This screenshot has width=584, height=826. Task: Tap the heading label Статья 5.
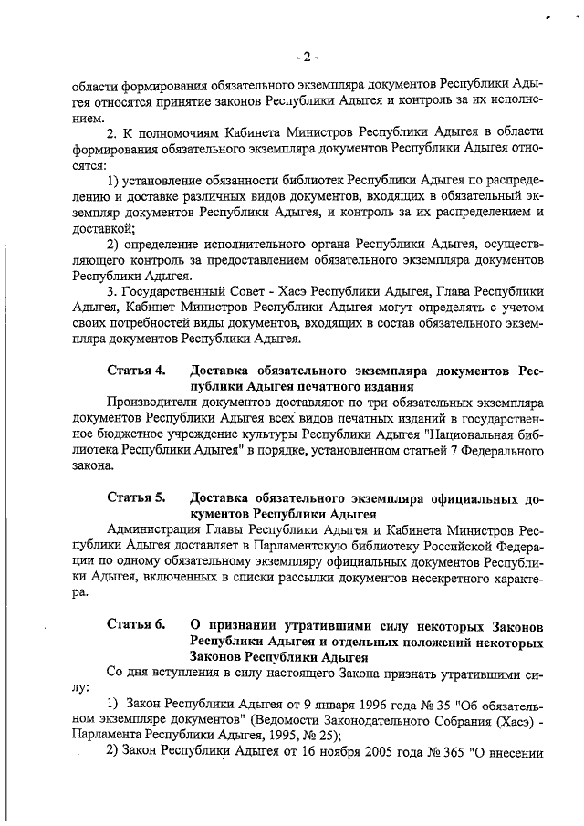136,497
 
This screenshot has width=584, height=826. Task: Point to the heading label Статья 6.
136,624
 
